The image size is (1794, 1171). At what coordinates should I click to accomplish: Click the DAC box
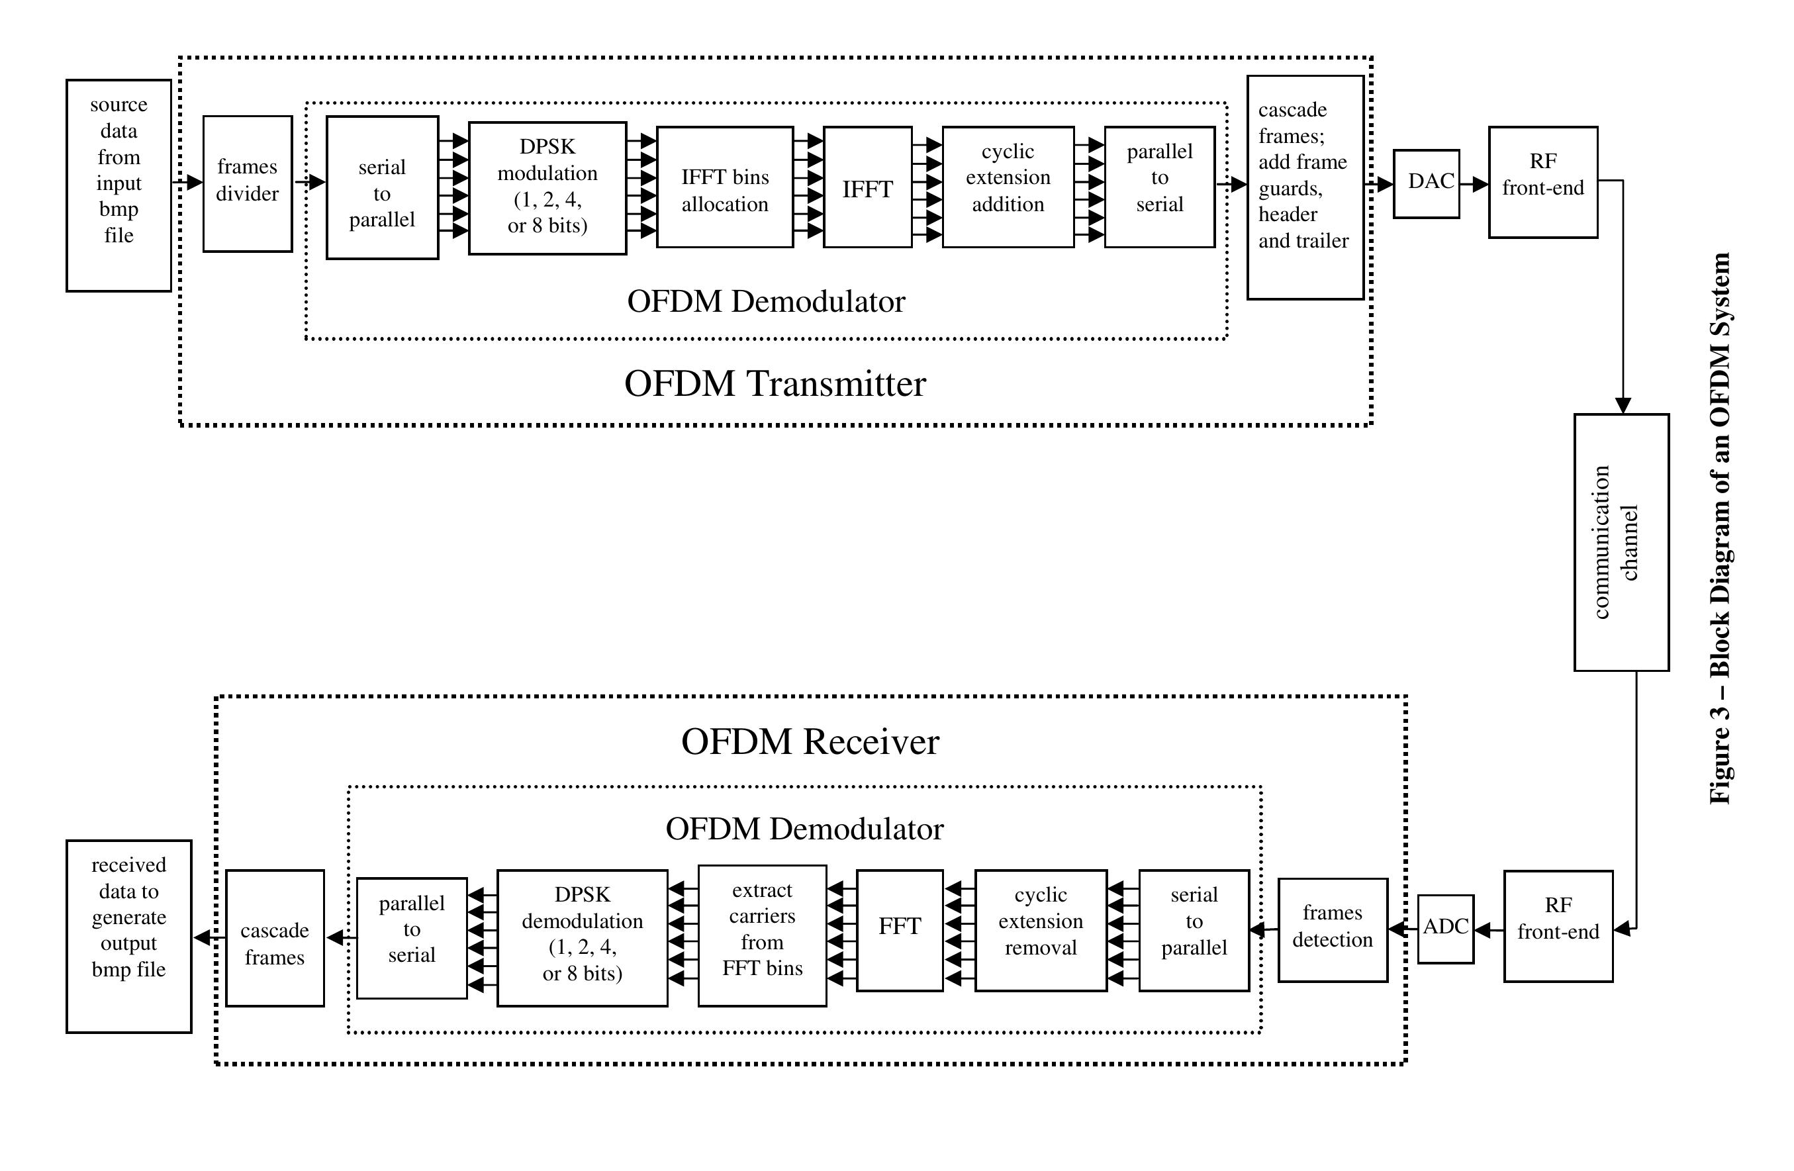click(1425, 184)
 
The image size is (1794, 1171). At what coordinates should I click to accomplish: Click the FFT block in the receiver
click(899, 930)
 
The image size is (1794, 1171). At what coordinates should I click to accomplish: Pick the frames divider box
click(247, 183)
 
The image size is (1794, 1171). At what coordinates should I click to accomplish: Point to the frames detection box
click(1332, 929)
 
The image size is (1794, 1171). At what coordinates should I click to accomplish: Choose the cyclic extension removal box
click(1040, 930)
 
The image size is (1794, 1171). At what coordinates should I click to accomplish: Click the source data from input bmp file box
click(118, 185)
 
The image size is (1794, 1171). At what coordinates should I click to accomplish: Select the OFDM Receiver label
click(810, 741)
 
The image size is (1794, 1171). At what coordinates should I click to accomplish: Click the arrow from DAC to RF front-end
click(1474, 184)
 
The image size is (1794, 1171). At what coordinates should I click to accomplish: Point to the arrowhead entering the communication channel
click(1622, 405)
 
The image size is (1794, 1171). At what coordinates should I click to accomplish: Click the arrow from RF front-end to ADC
click(1488, 930)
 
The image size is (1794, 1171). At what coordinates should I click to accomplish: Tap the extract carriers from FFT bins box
click(762, 935)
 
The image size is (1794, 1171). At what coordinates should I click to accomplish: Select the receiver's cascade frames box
click(274, 937)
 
